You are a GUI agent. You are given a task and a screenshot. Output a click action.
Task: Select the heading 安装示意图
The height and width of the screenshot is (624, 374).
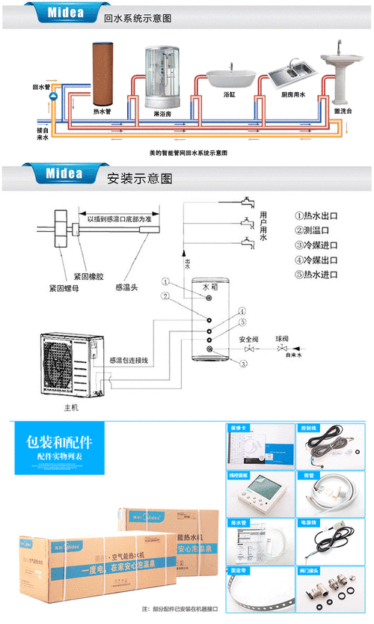(140, 180)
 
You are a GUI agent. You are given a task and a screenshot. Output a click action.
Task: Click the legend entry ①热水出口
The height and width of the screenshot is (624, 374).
(316, 216)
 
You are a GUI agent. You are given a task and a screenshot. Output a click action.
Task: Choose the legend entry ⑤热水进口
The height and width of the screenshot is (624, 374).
(316, 275)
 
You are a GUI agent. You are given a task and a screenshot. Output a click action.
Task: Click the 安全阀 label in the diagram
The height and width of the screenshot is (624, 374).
(249, 338)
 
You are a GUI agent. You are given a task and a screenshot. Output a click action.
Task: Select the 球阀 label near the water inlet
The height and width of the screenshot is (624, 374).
(282, 338)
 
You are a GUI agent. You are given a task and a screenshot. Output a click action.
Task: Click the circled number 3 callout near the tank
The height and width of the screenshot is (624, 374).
(244, 364)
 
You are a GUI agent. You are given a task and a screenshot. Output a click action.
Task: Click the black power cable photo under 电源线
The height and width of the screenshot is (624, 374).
(327, 541)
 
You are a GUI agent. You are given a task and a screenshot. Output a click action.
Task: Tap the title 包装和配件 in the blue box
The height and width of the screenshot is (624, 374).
(58, 441)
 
